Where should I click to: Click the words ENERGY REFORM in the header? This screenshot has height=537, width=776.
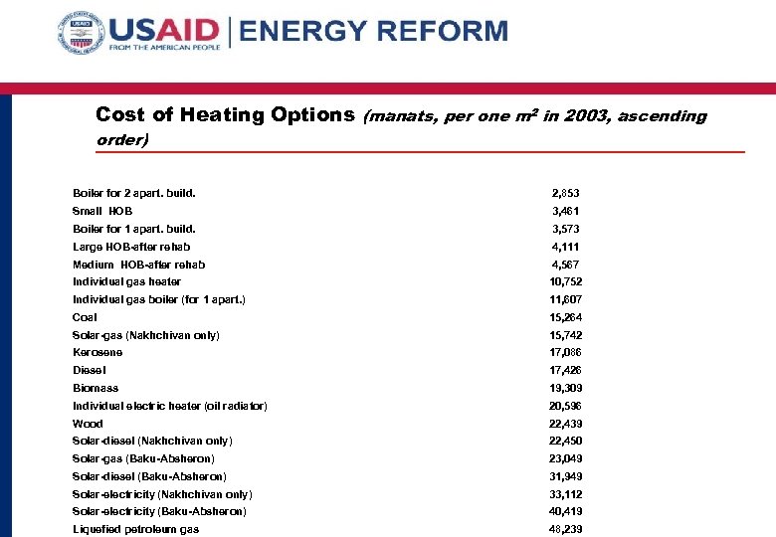point(374,32)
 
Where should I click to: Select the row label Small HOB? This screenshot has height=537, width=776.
point(102,211)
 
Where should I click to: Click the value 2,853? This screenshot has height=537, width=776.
point(565,193)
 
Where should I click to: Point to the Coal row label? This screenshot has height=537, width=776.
point(85,317)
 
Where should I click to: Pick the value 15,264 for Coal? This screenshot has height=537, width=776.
point(565,317)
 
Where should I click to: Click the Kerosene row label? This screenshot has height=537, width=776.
point(97,352)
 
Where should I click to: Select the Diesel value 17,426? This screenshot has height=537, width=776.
point(565,370)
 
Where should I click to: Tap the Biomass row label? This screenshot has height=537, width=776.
point(96,388)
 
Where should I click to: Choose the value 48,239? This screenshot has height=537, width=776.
point(565,529)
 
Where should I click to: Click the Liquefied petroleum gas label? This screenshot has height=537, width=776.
point(135,529)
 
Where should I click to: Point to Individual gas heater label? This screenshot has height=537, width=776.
point(126,281)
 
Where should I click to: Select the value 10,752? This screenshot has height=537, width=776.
point(565,281)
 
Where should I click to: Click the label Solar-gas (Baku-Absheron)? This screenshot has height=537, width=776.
point(143,458)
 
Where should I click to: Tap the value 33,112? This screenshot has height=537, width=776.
point(565,494)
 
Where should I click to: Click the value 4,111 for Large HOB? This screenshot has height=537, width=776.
point(565,247)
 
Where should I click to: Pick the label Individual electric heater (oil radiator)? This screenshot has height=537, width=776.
point(169,406)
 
